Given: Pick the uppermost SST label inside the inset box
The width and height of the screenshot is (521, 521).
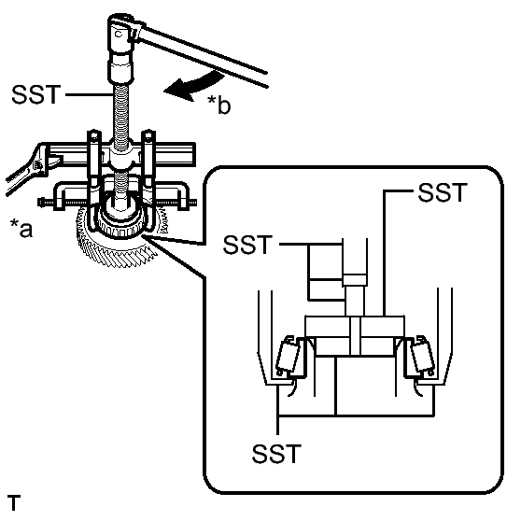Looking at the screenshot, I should [x=441, y=194].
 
